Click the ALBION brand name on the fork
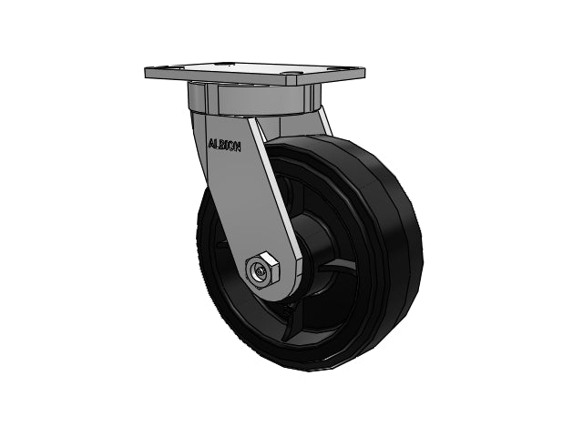(225, 145)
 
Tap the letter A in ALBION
(211, 143)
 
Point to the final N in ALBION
(237, 147)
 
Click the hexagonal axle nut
(262, 270)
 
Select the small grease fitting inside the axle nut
(259, 274)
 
